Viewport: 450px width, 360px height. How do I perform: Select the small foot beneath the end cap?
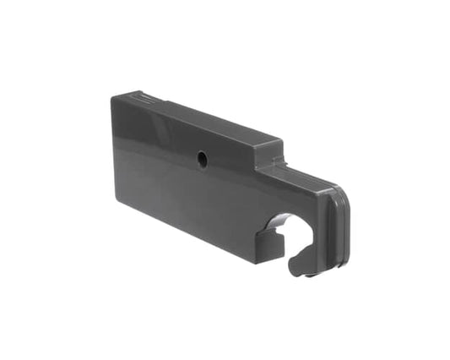tap(310, 275)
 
